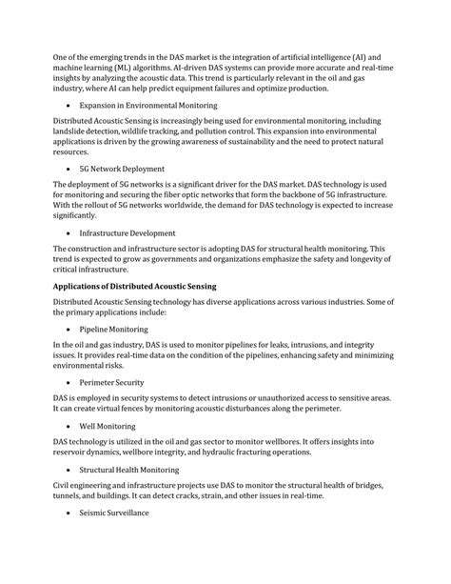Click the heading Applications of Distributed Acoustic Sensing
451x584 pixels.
click(135, 287)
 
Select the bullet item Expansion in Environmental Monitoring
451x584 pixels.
click(147, 105)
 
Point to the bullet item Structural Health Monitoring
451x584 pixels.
click(129, 470)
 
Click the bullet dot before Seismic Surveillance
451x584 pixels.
click(69, 514)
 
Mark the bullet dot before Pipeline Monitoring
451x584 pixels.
click(69, 330)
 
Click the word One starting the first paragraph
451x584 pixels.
click(62, 57)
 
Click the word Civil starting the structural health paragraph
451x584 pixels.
click(62, 485)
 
